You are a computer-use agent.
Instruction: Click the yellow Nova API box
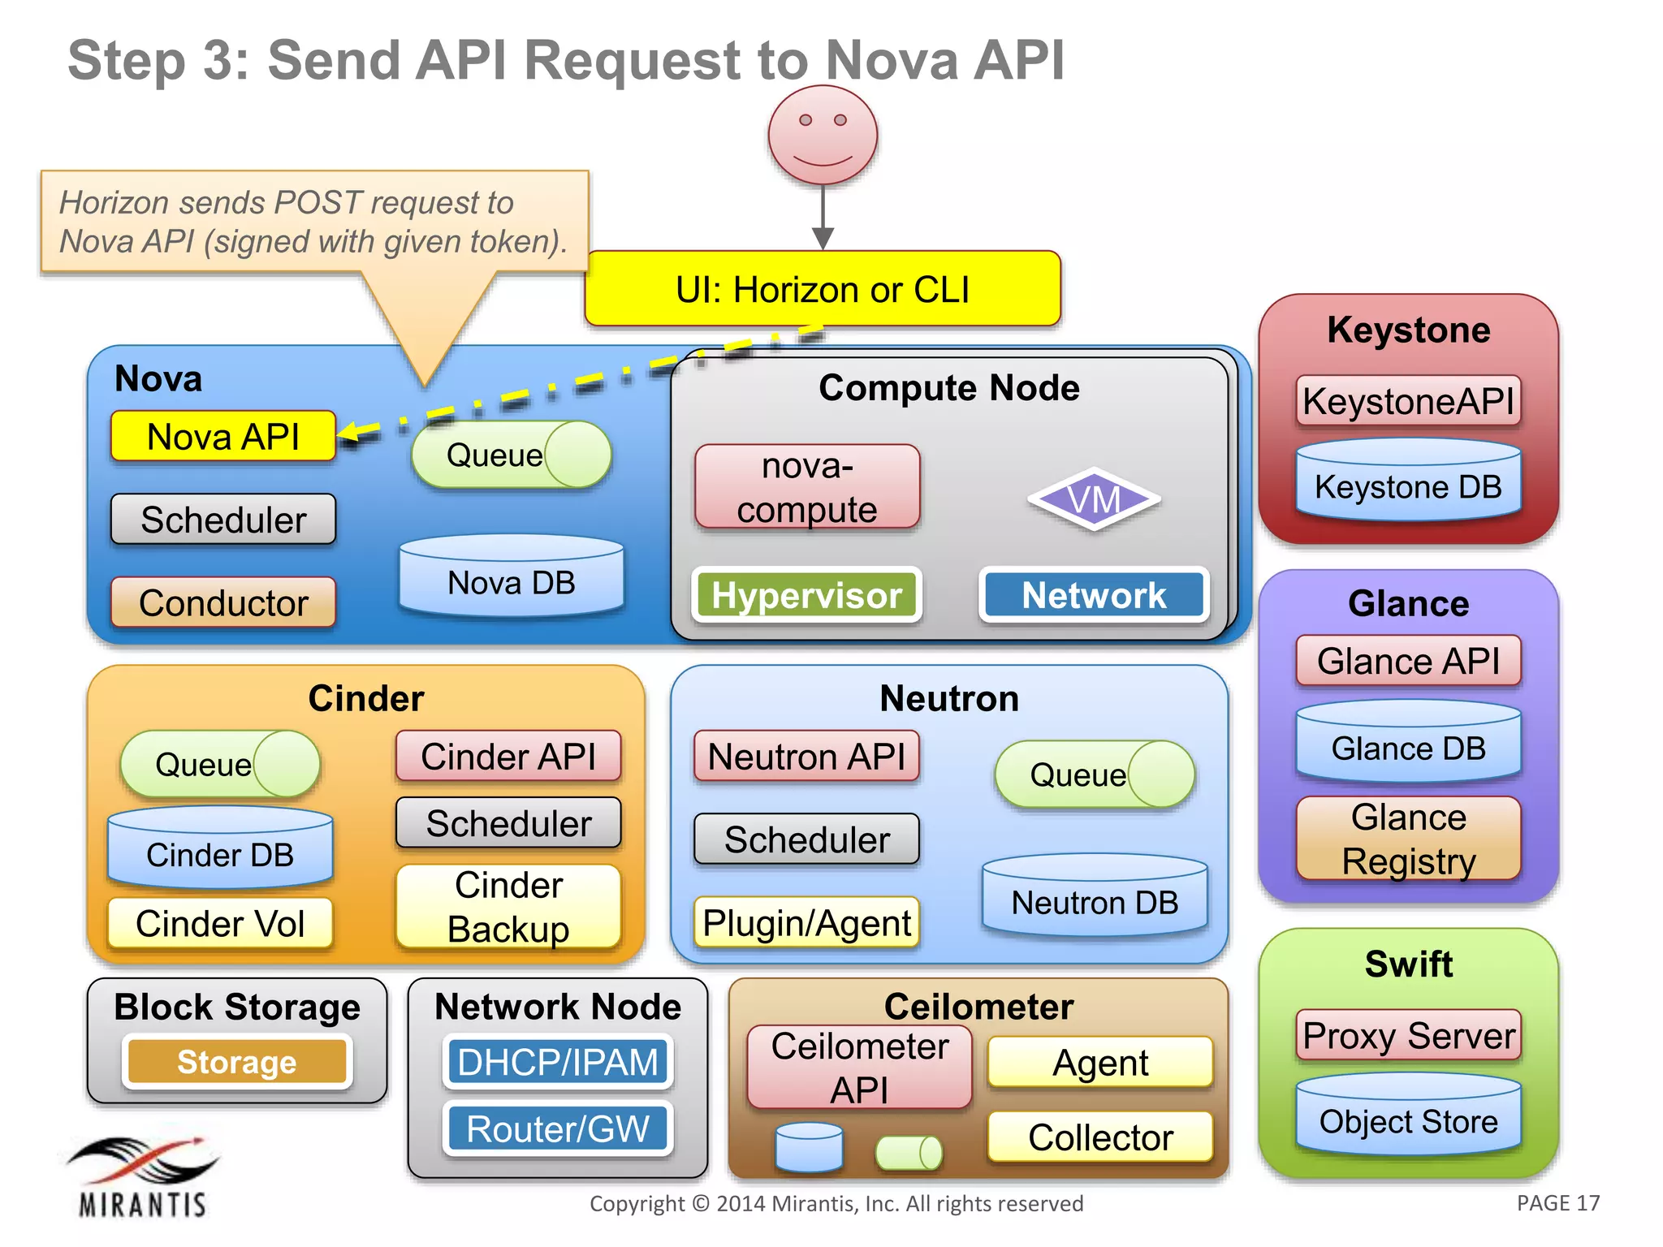click(223, 437)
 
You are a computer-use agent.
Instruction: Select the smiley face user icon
click(823, 136)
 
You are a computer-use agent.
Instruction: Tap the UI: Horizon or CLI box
click(823, 289)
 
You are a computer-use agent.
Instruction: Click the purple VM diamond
click(1094, 499)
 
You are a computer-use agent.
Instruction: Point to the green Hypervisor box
click(806, 595)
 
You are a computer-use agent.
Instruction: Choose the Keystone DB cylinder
click(1408, 481)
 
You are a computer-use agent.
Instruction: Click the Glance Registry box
click(1408, 839)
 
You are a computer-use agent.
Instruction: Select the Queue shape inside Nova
click(511, 455)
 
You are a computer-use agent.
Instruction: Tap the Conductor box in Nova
click(223, 602)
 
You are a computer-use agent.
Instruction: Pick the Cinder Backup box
click(508, 907)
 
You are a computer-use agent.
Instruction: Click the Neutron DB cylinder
click(1094, 896)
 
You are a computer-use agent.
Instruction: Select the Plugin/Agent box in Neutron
click(806, 923)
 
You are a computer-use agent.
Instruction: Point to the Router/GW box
click(558, 1128)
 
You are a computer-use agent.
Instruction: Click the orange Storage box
click(237, 1062)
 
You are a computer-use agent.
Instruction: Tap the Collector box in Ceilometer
click(1100, 1137)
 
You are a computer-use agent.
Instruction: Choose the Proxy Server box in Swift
click(1408, 1036)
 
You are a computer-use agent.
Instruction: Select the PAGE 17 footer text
click(1557, 1203)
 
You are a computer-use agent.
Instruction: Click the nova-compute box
click(806, 487)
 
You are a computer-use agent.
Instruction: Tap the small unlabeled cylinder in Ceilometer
click(809, 1148)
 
